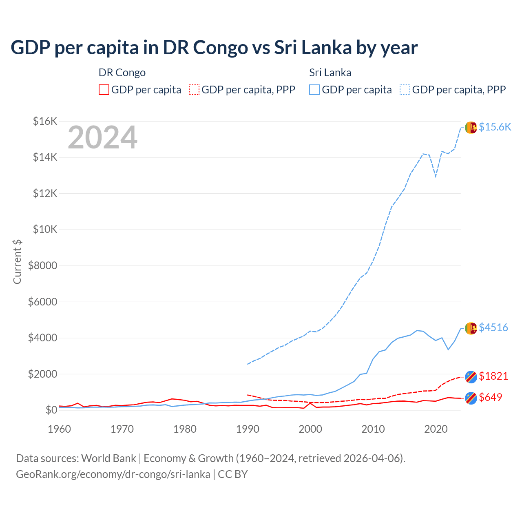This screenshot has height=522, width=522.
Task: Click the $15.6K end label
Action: click(495, 127)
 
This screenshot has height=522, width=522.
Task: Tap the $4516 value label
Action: click(493, 327)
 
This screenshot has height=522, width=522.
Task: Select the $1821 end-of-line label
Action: click(493, 376)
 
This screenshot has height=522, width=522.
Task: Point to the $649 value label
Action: click(490, 397)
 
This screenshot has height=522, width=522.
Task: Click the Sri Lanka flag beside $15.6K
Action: click(471, 127)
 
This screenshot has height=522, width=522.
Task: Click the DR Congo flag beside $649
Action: click(471, 398)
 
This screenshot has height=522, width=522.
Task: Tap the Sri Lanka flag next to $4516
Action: click(471, 328)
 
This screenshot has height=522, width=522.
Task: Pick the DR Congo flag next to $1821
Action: click(471, 377)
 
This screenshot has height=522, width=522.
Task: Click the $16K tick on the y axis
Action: click(45, 121)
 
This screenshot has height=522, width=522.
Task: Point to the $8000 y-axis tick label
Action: click(42, 266)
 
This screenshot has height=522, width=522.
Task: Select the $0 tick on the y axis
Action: click(51, 410)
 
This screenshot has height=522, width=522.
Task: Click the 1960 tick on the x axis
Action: click(60, 429)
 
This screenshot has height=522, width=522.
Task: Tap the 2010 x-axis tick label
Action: click(373, 429)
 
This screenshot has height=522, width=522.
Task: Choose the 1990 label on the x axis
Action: click(248, 429)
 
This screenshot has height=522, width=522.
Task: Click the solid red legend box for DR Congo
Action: click(104, 90)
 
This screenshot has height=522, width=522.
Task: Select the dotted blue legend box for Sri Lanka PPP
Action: click(405, 90)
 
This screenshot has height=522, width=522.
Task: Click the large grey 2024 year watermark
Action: click(102, 138)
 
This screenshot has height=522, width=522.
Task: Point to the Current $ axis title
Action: click(17, 261)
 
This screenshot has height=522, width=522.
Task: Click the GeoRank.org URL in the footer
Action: click(113, 474)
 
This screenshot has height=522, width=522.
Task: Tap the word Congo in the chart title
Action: click(220, 47)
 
